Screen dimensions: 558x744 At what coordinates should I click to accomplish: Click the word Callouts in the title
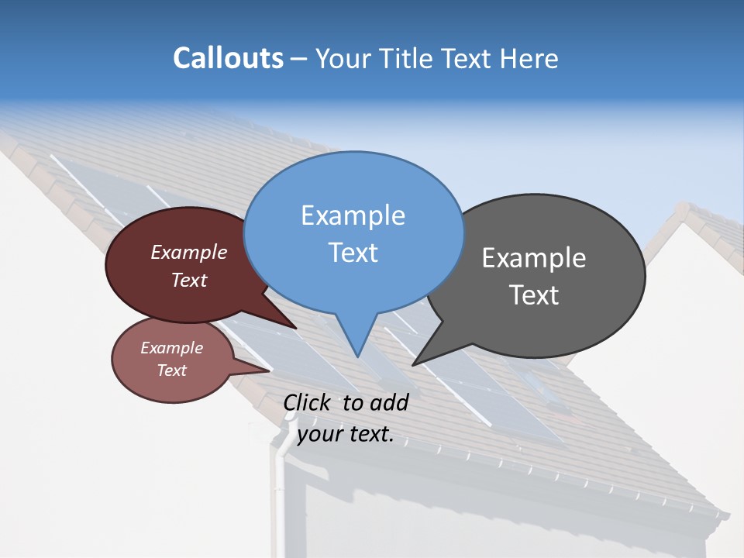tap(228, 58)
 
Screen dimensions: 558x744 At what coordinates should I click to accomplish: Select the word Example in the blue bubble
tap(353, 215)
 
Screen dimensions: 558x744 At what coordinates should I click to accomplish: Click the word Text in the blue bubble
tap(353, 252)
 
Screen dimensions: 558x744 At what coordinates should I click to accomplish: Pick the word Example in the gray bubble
tap(534, 258)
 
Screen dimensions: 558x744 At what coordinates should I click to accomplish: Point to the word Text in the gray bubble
tap(534, 294)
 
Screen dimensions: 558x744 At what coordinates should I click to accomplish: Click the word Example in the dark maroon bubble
tap(189, 252)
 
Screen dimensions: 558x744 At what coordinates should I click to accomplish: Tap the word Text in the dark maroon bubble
tap(189, 280)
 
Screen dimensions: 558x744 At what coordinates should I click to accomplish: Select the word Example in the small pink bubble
tap(172, 348)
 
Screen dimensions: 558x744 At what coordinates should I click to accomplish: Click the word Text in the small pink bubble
tap(172, 370)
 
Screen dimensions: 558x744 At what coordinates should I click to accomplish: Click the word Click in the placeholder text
tap(308, 402)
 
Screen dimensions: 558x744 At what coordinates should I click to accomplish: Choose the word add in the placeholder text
tap(389, 402)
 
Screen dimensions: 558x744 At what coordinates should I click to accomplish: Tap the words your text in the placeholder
tap(345, 434)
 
